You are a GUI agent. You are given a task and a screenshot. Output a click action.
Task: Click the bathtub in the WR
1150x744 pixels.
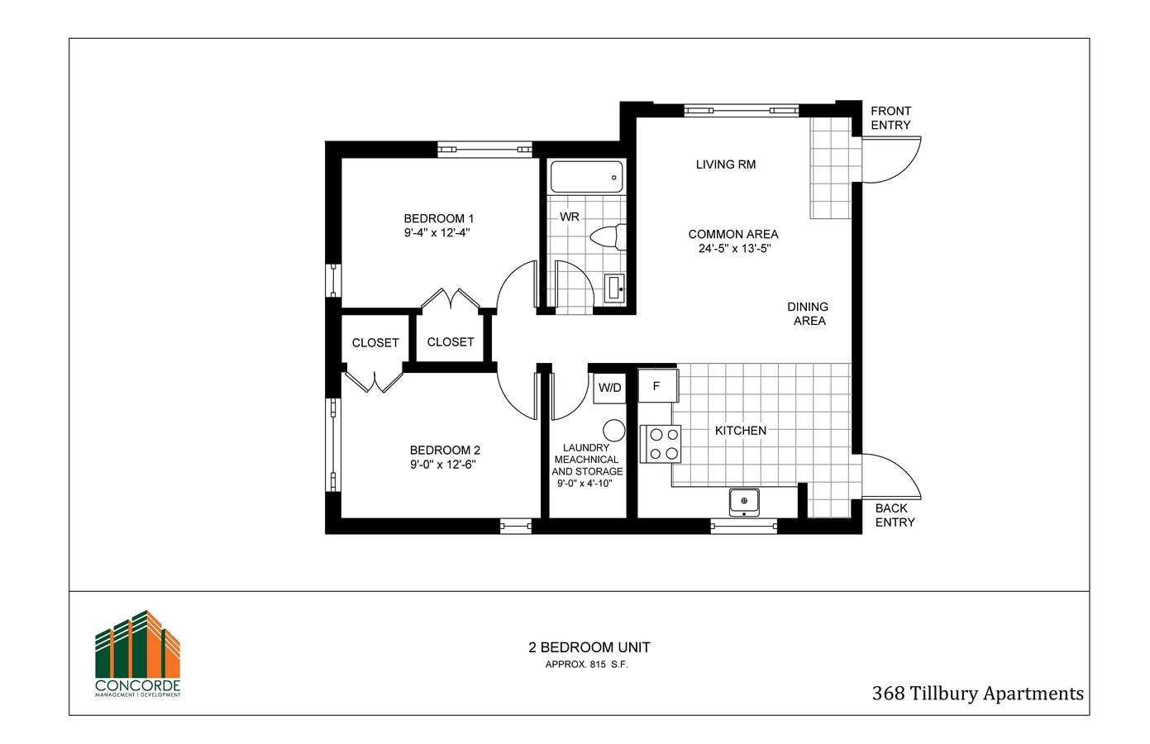coord(586,177)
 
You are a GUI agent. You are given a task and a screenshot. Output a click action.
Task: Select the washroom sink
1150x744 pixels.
coord(614,288)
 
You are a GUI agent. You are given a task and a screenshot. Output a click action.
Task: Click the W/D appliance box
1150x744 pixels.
coord(610,388)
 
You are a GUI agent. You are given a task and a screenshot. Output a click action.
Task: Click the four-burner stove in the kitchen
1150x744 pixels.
coord(661,444)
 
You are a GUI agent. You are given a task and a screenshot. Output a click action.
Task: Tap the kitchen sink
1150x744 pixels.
coord(744,501)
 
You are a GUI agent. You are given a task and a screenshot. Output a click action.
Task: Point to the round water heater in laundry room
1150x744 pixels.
coord(613,430)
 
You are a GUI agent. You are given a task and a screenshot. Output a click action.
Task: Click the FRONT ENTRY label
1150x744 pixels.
coord(890,118)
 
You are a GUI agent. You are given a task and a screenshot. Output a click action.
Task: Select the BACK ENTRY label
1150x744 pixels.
coord(895,515)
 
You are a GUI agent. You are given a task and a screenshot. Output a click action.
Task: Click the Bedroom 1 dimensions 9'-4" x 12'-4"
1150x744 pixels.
coord(437,233)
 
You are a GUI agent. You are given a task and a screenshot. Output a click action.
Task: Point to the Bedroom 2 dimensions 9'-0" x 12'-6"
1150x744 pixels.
coord(443,465)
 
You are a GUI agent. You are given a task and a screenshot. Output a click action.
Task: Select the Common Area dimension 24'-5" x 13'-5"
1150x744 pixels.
coord(734,248)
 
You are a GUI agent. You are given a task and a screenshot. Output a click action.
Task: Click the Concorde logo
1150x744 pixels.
coord(137,654)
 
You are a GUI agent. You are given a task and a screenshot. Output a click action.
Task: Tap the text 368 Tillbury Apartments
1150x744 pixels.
coord(977,694)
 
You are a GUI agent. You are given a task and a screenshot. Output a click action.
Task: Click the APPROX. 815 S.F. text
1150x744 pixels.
coord(586,665)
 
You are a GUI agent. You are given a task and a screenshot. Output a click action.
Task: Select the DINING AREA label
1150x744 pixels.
coord(808,313)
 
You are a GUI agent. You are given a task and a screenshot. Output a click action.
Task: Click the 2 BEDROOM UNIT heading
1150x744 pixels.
coord(589,647)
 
